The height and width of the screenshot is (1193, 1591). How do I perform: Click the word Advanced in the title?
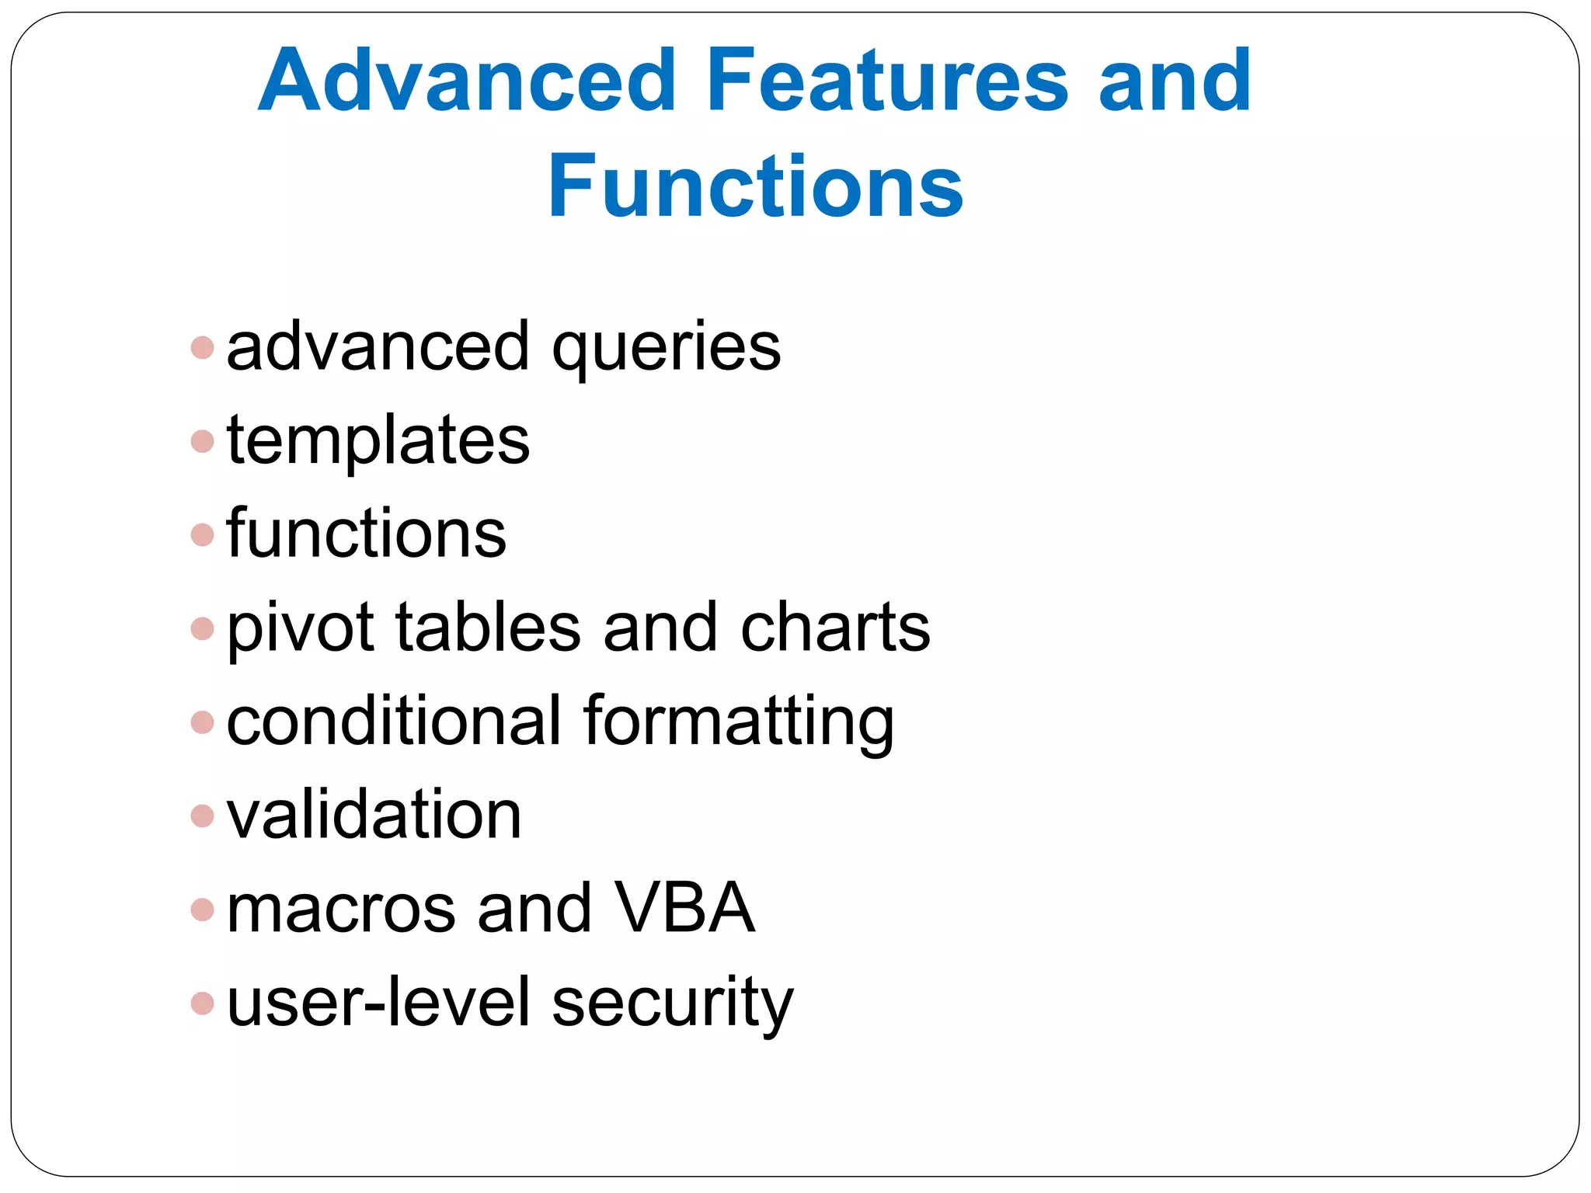(466, 80)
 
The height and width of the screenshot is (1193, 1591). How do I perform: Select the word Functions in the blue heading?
(755, 186)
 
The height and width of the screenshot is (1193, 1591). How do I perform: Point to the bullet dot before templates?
(202, 441)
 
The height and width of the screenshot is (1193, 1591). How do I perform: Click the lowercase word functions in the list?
(366, 534)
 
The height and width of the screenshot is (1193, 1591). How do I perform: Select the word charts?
(835, 628)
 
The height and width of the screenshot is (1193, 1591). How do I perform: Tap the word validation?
(374, 815)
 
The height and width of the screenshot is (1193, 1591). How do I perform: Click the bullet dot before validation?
(202, 816)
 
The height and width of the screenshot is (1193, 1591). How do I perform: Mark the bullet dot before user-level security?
(202, 1003)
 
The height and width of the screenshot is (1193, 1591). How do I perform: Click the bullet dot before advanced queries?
(202, 347)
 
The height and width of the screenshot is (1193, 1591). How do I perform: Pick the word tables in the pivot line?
(488, 628)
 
